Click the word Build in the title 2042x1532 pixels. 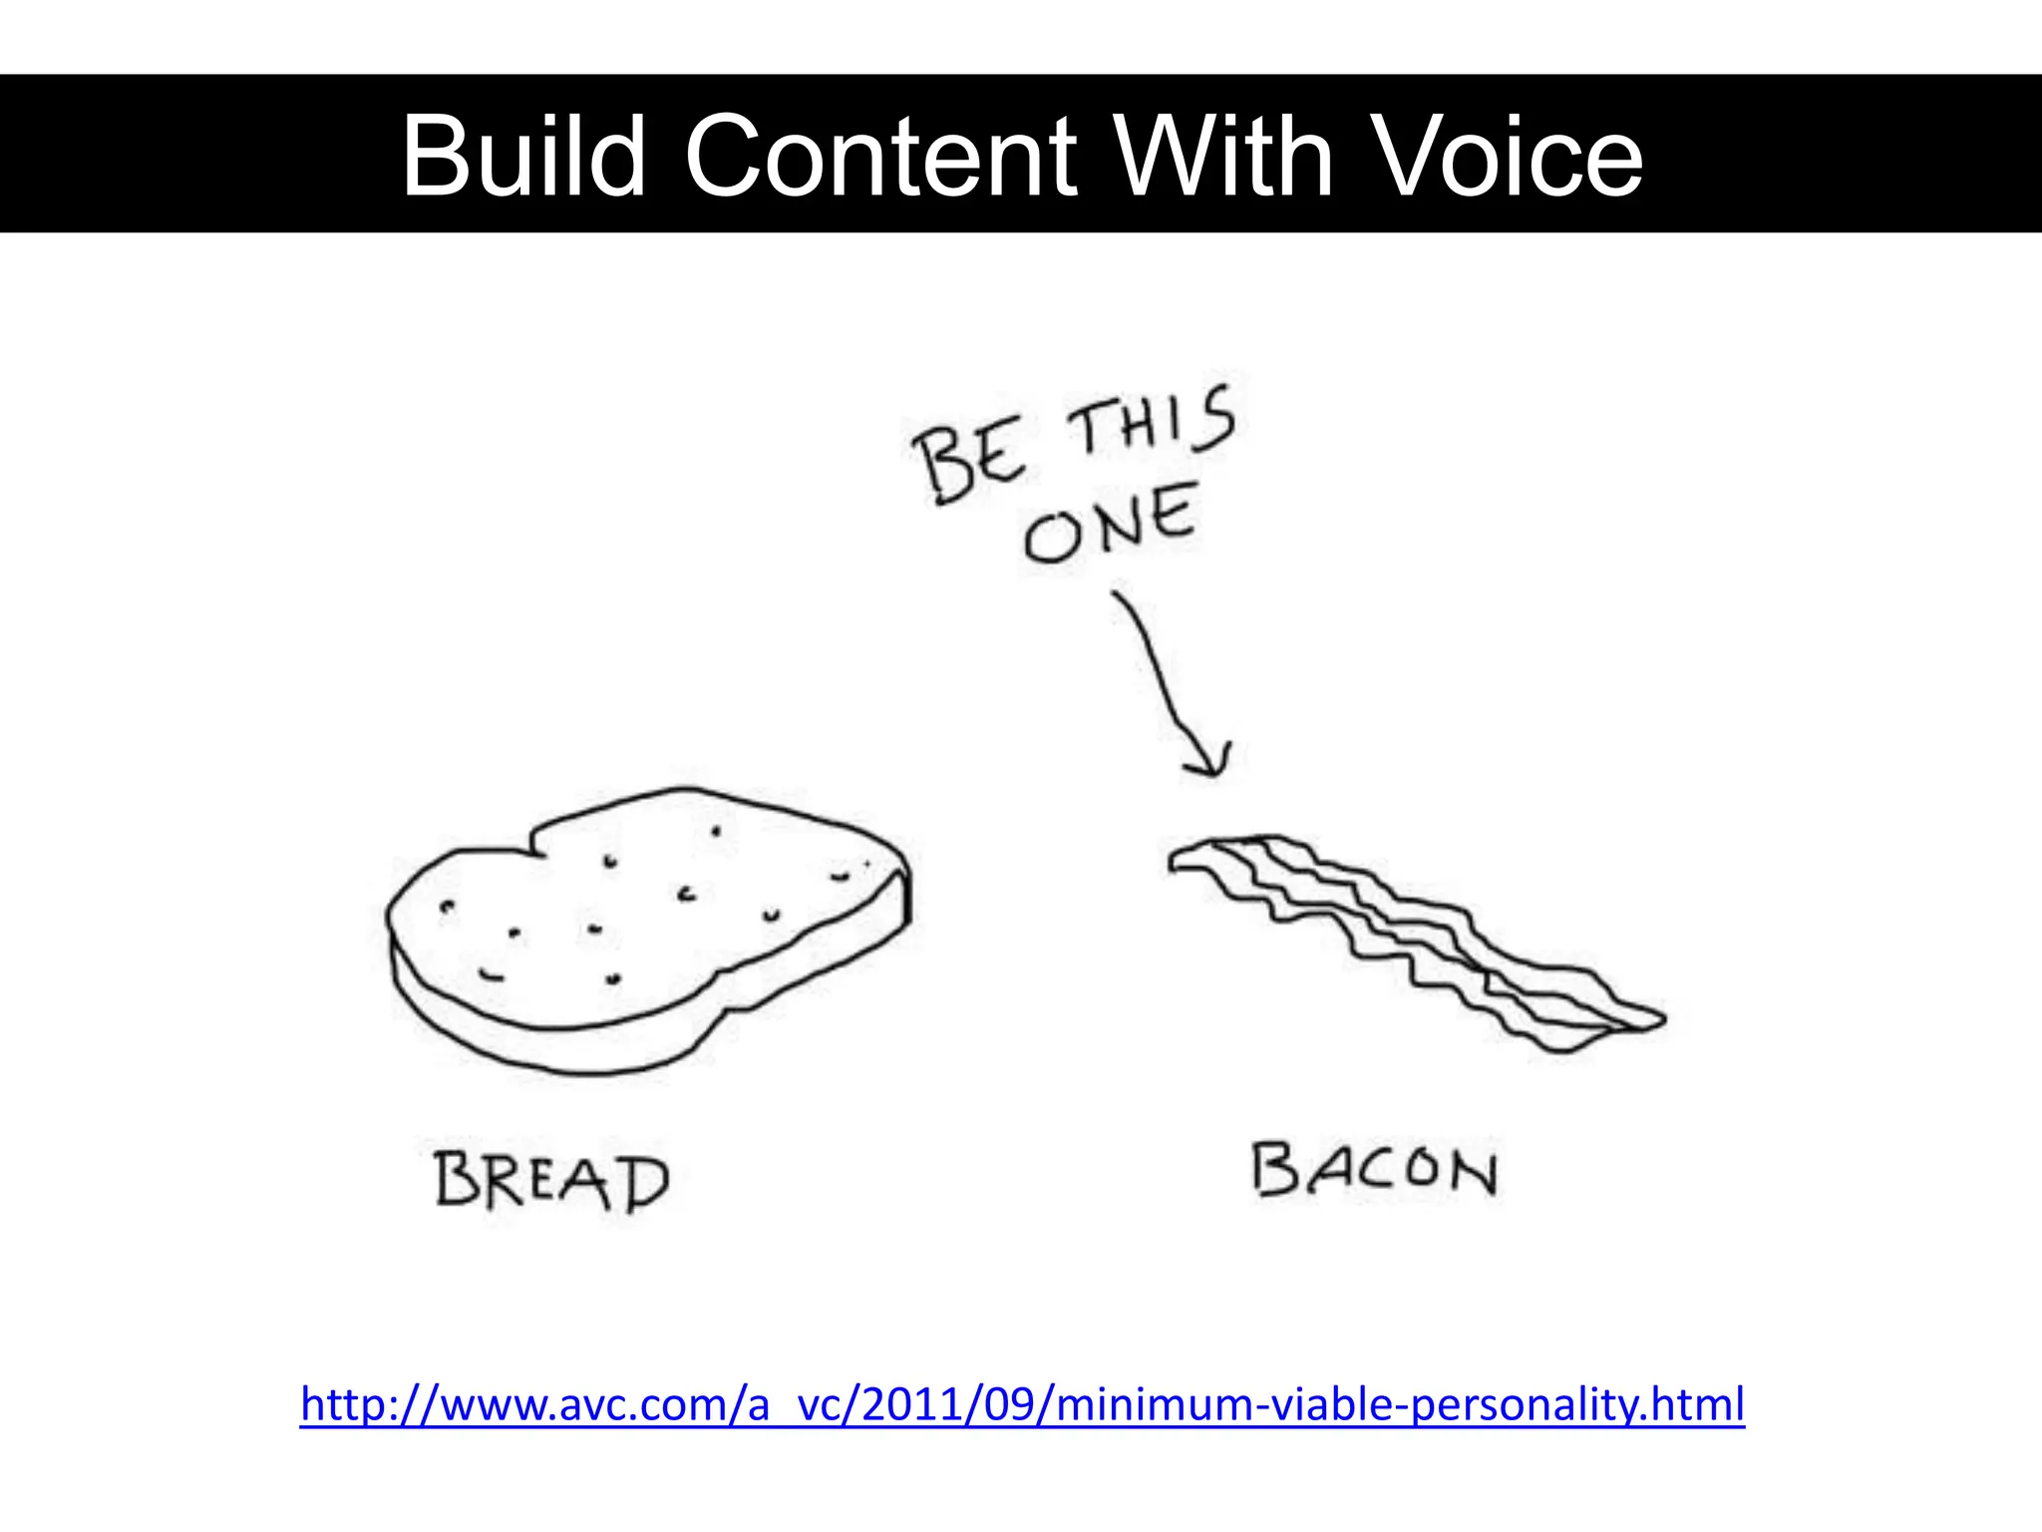523,156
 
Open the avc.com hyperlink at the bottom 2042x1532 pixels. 1022,1404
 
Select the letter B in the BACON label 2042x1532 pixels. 1274,1169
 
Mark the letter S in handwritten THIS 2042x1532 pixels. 1214,419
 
